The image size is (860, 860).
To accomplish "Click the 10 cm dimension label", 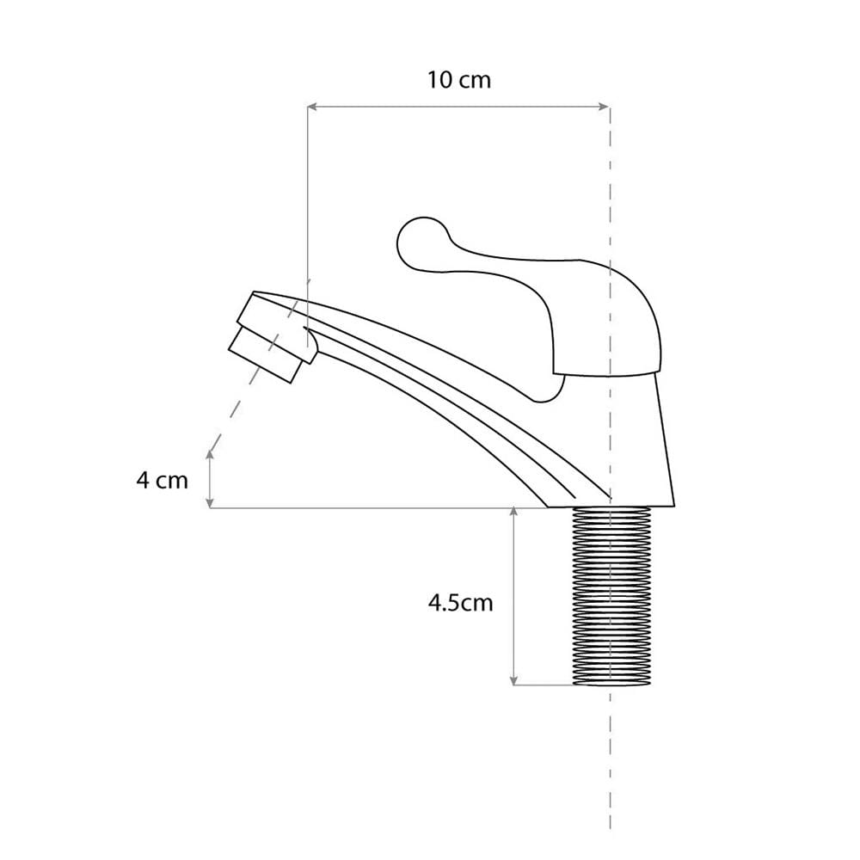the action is [x=459, y=80].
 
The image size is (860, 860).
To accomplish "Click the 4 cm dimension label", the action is [x=163, y=481].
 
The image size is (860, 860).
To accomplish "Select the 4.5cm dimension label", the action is [x=461, y=603].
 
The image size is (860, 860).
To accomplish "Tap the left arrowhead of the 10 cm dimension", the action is [x=312, y=107].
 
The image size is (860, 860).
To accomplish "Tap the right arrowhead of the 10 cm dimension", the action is [x=605, y=107].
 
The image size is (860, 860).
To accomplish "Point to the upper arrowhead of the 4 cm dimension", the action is [x=210, y=454].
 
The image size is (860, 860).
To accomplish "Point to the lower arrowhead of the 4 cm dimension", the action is [x=210, y=502].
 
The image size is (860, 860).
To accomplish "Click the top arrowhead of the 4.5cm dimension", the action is [x=514, y=512].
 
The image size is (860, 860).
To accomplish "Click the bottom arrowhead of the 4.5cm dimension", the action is [x=514, y=680].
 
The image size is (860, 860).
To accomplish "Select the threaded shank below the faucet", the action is [x=611, y=596].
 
